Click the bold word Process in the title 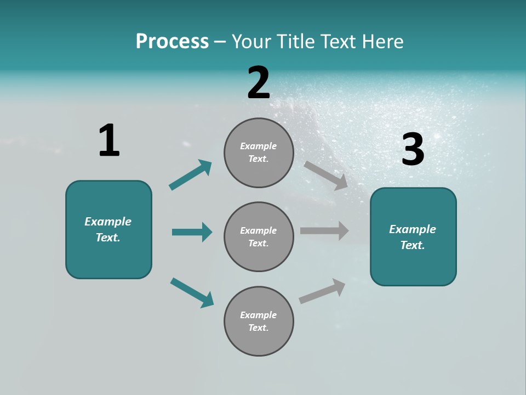tap(172, 42)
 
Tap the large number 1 tap(109, 140)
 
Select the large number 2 tap(259, 83)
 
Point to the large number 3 tap(413, 149)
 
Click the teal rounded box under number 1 tap(108, 229)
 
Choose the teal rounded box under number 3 tap(413, 237)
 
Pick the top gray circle tap(259, 153)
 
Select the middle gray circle tap(259, 237)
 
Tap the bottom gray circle tap(259, 321)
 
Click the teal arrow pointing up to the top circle tap(191, 175)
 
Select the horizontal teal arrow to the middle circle tap(192, 232)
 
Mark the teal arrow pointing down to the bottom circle tap(192, 292)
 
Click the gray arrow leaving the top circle tap(326, 175)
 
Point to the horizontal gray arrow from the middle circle tap(324, 231)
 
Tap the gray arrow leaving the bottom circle tap(322, 291)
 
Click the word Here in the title tap(382, 42)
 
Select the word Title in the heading tap(296, 42)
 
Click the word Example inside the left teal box tap(108, 222)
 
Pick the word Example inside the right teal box tap(413, 229)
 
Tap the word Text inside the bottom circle tap(258, 328)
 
